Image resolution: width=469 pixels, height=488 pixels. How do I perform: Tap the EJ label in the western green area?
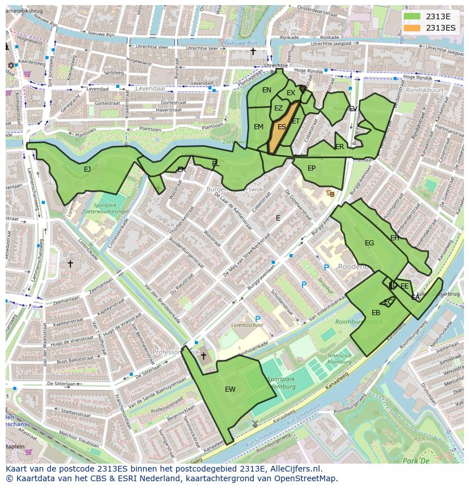87,169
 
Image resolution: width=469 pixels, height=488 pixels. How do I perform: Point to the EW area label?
230,389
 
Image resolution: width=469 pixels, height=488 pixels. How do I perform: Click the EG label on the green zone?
369,243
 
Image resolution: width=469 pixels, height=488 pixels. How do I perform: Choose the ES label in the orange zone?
282,127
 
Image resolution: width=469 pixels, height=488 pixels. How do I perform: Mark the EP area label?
312,168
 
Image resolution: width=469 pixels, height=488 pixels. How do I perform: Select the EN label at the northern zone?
267,90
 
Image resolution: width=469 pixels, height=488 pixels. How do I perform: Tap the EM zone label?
258,127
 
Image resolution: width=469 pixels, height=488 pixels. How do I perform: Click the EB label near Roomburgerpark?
376,313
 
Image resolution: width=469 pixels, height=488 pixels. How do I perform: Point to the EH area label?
395,237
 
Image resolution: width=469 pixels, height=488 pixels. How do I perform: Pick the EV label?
353,109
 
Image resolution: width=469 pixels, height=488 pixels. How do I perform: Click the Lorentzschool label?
247,325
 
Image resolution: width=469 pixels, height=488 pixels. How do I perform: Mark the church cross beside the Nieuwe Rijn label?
253,52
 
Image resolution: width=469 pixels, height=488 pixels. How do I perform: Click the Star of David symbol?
10,65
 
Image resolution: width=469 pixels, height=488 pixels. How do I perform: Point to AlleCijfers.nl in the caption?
295,469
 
